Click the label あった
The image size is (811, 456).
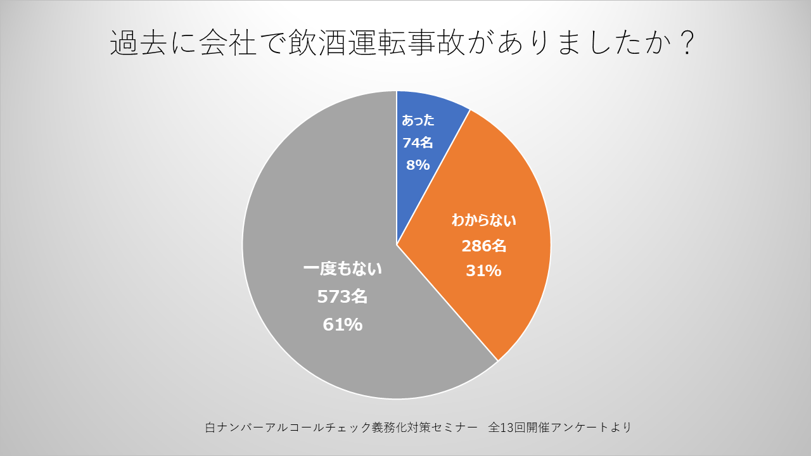(x=418, y=120)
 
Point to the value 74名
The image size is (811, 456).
(x=418, y=142)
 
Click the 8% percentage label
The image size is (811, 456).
(x=418, y=165)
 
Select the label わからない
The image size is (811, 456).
(x=484, y=221)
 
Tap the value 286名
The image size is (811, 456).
(x=484, y=246)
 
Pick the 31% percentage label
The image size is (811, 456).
(x=484, y=271)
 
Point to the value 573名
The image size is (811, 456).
(x=343, y=296)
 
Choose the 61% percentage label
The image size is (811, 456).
(x=343, y=325)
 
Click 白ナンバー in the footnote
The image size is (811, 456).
(x=240, y=427)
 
